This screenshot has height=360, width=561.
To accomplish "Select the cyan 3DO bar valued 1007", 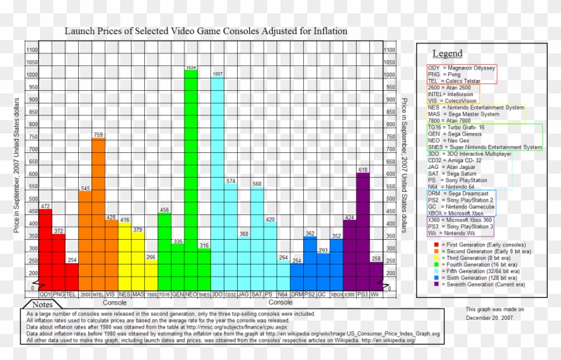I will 218,184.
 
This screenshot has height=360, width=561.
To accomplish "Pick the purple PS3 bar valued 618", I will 363,230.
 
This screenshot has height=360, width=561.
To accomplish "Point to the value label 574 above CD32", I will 231,181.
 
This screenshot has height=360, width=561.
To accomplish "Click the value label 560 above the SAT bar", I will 257,184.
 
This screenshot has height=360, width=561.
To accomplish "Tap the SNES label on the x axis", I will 204,294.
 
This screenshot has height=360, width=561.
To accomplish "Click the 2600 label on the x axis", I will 85,294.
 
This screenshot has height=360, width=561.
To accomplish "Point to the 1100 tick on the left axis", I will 31,50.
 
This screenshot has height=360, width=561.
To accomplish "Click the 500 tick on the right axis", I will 389,199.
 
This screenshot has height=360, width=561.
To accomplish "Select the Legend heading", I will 447,53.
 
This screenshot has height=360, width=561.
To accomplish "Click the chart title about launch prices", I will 205,31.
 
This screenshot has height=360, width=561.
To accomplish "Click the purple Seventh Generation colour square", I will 435,284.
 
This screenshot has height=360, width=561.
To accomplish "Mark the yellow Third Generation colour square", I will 435,258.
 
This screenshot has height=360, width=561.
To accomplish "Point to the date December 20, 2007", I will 490,318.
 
